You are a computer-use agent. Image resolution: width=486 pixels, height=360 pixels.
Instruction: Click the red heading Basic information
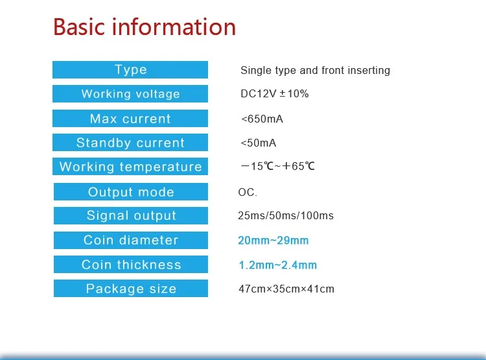pyautogui.click(x=145, y=27)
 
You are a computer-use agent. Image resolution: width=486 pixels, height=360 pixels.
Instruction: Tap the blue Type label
pyautogui.click(x=130, y=69)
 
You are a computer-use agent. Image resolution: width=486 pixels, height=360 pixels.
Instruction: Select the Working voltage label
pyautogui.click(x=130, y=93)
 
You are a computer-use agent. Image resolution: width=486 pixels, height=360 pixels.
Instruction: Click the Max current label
pyautogui.click(x=130, y=118)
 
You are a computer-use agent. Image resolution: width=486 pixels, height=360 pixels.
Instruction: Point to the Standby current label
pyautogui.click(x=130, y=143)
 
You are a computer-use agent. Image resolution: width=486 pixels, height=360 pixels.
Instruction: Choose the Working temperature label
pyautogui.click(x=130, y=166)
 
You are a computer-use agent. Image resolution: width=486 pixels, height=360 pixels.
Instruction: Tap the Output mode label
pyautogui.click(x=131, y=191)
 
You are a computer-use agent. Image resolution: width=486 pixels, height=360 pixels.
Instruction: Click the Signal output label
pyautogui.click(x=131, y=215)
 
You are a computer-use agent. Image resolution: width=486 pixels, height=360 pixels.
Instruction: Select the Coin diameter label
pyautogui.click(x=131, y=240)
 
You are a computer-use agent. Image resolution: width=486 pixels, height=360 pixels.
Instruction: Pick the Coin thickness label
pyautogui.click(x=131, y=265)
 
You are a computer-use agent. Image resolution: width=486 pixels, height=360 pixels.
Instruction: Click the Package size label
pyautogui.click(x=131, y=288)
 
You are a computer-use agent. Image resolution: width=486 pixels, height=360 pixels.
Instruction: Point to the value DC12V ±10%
pyautogui.click(x=275, y=93)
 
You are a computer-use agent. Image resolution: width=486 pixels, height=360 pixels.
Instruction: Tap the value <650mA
pyautogui.click(x=262, y=119)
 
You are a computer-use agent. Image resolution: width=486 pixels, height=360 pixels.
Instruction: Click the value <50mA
pyautogui.click(x=258, y=143)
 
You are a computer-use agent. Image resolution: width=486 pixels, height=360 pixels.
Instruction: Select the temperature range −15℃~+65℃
pyautogui.click(x=278, y=166)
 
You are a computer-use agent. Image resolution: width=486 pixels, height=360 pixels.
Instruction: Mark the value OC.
pyautogui.click(x=248, y=192)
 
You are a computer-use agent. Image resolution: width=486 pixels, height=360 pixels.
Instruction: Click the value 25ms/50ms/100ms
pyautogui.click(x=286, y=215)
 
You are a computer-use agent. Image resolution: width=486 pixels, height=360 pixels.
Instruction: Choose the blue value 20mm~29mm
pyautogui.click(x=273, y=240)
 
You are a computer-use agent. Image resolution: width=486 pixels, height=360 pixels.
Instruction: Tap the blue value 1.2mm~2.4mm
pyautogui.click(x=278, y=265)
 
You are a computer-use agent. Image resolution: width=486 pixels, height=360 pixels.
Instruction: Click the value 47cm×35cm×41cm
pyautogui.click(x=286, y=289)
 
